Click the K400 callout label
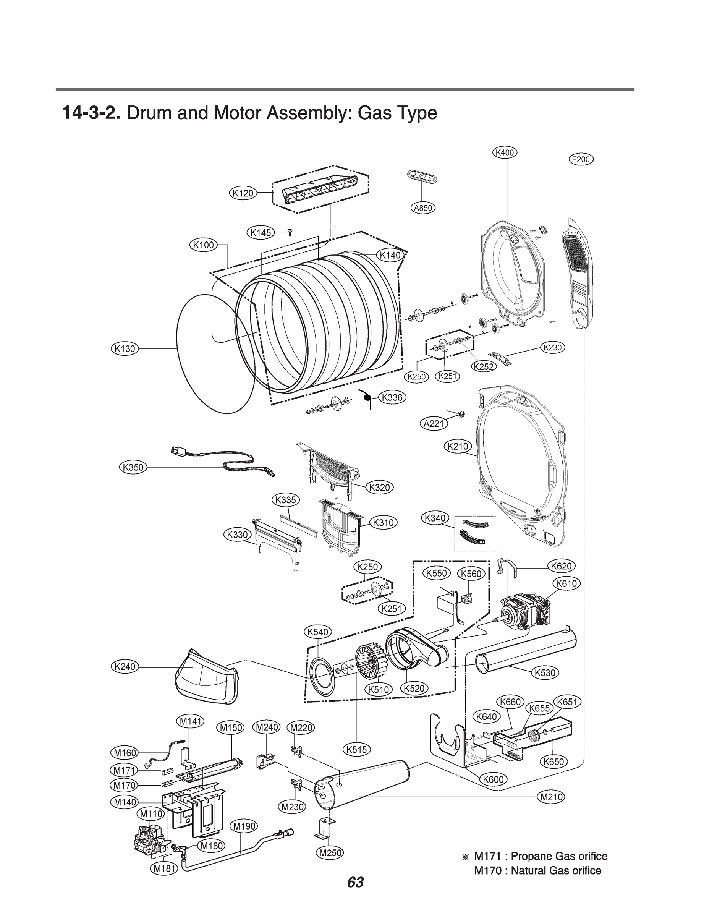pos(505,152)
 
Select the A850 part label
pos(423,208)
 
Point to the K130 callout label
pos(125,348)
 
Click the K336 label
pos(392,397)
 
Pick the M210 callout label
pos(552,797)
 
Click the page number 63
pos(355,882)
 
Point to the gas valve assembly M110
pos(149,840)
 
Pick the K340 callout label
pos(435,518)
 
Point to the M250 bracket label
pos(331,852)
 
